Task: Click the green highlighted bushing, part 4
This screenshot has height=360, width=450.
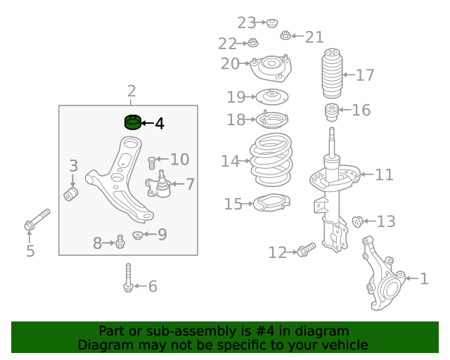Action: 133,122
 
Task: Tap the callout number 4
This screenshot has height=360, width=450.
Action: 160,124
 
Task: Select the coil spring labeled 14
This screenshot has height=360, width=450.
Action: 271,160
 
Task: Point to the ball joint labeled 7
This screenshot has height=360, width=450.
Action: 158,185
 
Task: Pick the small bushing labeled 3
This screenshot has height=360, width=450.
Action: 71,194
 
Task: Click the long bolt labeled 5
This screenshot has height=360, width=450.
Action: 37,219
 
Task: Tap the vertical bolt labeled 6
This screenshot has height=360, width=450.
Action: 128,278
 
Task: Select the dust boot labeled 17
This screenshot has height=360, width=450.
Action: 332,74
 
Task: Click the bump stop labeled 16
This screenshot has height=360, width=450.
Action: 331,112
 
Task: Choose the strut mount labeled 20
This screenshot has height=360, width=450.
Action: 271,68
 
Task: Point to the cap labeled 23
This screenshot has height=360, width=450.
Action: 272,23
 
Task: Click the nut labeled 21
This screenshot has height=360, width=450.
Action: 285,35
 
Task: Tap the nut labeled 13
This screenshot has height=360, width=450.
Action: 358,221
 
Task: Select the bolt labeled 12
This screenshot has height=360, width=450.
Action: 307,250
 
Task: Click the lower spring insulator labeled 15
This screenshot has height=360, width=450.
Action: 272,203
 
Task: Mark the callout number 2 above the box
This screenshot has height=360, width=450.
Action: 131,91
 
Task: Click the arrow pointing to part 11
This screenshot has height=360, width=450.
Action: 367,174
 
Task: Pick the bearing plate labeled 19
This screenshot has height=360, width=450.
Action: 271,97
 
